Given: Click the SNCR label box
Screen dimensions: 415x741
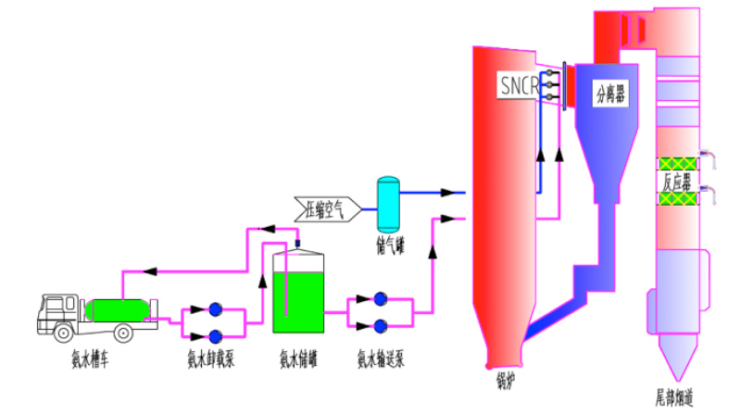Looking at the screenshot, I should click(x=520, y=86).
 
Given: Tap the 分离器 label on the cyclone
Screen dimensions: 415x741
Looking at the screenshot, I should click(x=611, y=94).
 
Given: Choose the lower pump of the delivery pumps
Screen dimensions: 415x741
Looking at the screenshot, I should click(x=380, y=324).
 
